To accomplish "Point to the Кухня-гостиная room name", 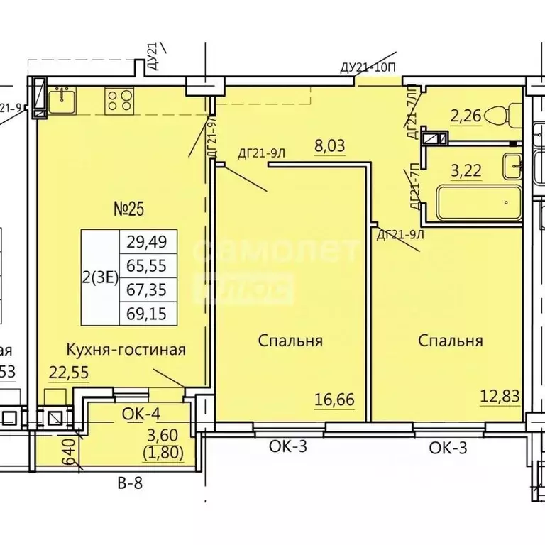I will tap(126, 349).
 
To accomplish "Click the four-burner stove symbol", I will tap(119, 100).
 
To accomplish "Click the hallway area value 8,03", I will tap(329, 147).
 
